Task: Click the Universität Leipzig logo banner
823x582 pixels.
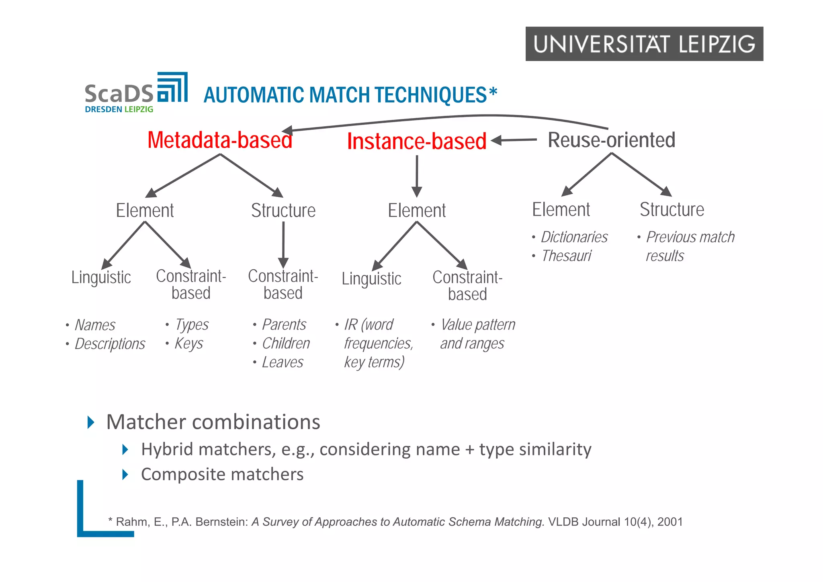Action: click(644, 44)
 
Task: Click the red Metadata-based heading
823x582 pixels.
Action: click(220, 140)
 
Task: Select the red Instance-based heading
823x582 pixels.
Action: click(417, 141)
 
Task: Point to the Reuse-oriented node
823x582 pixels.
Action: click(611, 140)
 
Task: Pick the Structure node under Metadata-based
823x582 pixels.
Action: click(283, 211)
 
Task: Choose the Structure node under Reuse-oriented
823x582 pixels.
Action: click(672, 209)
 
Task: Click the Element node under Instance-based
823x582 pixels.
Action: click(417, 211)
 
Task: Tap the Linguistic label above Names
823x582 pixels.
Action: click(101, 277)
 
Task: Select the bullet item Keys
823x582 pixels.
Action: click(188, 344)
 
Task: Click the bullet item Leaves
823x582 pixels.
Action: click(283, 362)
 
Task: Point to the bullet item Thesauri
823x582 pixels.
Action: click(566, 256)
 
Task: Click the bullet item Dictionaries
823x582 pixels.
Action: click(574, 237)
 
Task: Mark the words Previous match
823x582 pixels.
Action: click(690, 237)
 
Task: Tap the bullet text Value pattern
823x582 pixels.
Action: click(477, 325)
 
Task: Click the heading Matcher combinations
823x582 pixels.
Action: click(213, 422)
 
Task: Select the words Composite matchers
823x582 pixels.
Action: click(222, 474)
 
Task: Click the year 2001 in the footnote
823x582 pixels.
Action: click(670, 522)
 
